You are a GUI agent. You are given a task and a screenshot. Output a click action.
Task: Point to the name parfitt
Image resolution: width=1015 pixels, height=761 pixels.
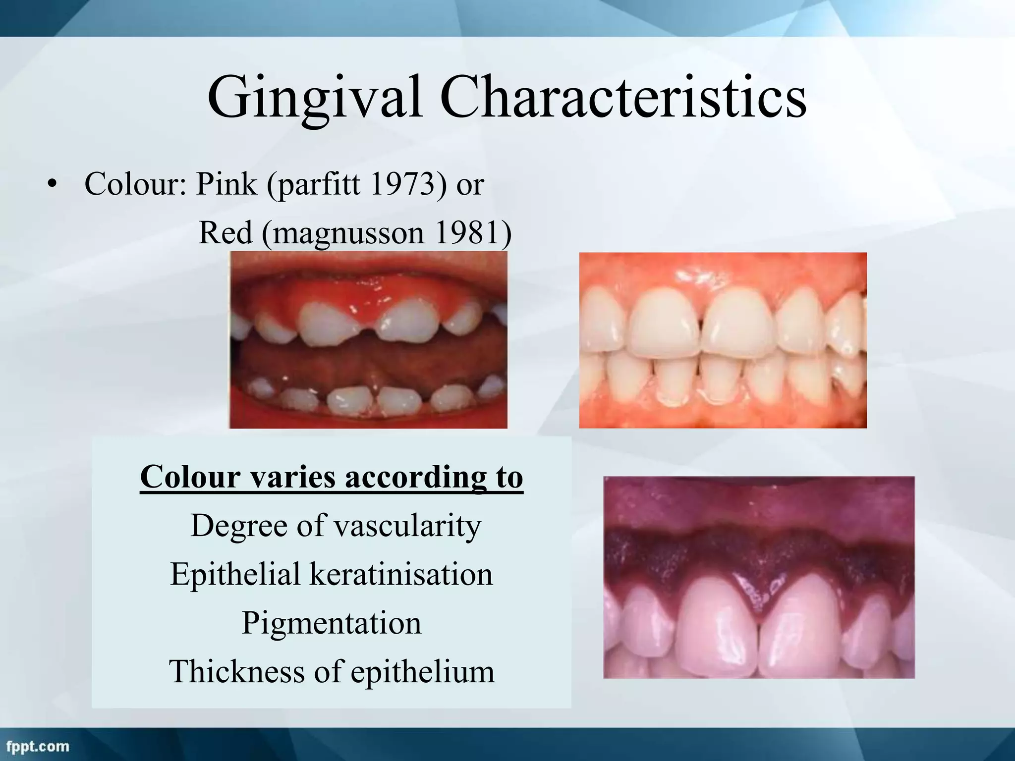coord(317,184)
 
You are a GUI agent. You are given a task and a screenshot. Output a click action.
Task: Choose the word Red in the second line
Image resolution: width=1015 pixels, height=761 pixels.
coord(226,232)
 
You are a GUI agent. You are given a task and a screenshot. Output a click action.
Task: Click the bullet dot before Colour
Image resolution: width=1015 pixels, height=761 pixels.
coord(52,185)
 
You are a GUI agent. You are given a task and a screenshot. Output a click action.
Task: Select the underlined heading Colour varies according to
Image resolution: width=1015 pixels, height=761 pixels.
coord(331,477)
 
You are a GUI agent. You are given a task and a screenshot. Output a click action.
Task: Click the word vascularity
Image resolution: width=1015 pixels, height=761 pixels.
coord(407,526)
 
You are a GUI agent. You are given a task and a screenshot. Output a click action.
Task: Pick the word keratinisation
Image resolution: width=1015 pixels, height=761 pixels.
coord(401,574)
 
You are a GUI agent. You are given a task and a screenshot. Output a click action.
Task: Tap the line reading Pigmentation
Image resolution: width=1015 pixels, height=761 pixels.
coord(331,623)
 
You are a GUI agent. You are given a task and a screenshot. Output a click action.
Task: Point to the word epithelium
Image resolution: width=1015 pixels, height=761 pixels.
coord(423,672)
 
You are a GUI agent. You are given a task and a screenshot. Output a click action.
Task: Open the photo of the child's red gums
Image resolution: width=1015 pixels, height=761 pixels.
coord(368,340)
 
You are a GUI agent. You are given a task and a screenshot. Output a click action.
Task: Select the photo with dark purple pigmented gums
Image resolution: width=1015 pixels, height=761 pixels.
coord(759,577)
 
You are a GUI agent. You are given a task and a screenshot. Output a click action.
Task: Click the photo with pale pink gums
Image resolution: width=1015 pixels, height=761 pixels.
coord(723,340)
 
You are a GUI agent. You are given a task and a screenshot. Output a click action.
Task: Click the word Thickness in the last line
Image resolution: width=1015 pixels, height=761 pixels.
coord(237,672)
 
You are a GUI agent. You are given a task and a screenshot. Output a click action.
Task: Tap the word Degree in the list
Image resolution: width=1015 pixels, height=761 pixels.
coord(239,526)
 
